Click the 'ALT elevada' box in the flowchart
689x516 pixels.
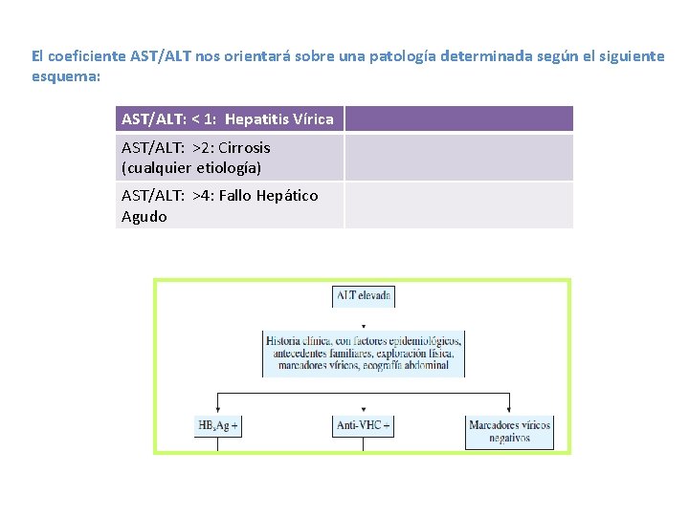(x=363, y=296)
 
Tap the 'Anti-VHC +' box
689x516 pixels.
(x=363, y=425)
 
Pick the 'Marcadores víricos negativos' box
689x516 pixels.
(x=509, y=431)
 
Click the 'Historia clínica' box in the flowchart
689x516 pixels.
(x=363, y=353)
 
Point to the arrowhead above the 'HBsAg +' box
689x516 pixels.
(x=218, y=409)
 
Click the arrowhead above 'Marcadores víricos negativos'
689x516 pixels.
(x=509, y=410)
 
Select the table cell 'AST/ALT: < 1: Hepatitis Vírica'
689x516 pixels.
(x=229, y=119)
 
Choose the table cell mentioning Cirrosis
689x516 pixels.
(x=229, y=158)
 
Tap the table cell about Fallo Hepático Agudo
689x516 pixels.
(x=229, y=205)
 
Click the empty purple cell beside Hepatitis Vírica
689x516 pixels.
(x=458, y=119)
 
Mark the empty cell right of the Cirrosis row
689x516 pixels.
(x=458, y=158)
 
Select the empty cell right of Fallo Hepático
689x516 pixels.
(x=458, y=205)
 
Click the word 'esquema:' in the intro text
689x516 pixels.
(x=65, y=76)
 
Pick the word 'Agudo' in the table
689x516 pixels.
(x=144, y=217)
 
